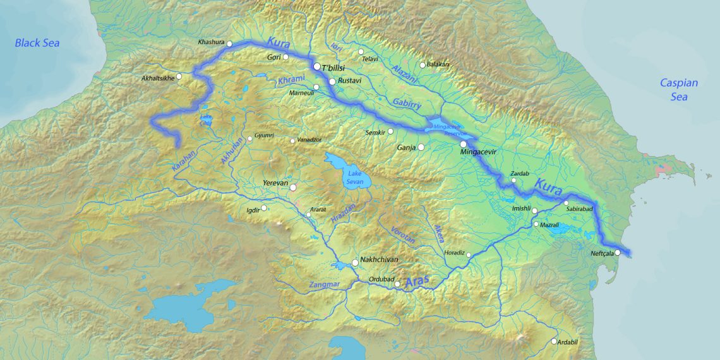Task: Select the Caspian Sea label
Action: click(x=679, y=90)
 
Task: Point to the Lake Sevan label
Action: click(x=354, y=176)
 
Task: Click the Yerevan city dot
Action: click(x=293, y=187)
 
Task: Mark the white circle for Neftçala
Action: click(x=618, y=253)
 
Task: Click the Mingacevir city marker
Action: click(x=464, y=145)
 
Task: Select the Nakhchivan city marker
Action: click(x=355, y=261)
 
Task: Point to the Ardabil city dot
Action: click(x=554, y=342)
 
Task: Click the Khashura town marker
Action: click(x=230, y=44)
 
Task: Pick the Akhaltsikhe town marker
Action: click(x=179, y=76)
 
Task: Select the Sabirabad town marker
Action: click(x=566, y=203)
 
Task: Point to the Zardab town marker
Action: click(x=514, y=181)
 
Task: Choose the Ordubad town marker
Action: click(x=397, y=284)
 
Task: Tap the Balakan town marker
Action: click(x=423, y=64)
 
